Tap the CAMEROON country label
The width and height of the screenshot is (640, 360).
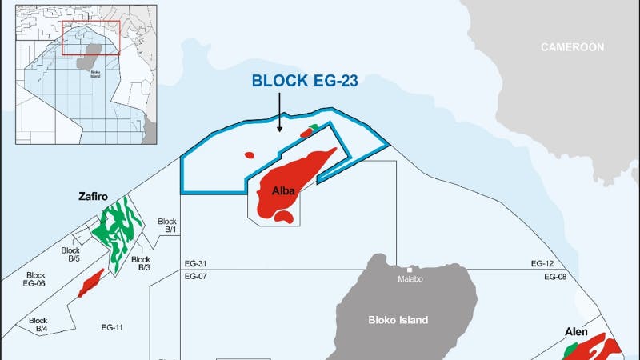click(x=571, y=47)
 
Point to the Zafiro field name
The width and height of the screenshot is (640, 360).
click(x=94, y=195)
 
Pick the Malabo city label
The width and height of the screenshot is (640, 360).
click(x=413, y=280)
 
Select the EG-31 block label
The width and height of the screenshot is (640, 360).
click(x=196, y=263)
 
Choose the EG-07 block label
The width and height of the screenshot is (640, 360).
click(x=196, y=277)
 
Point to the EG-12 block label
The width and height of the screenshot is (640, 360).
click(x=542, y=263)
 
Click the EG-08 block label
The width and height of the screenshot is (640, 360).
click(x=555, y=277)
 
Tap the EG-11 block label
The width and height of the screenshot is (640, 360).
click(x=111, y=327)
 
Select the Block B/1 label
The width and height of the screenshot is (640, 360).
click(x=167, y=226)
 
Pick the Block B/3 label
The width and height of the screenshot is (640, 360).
click(x=141, y=263)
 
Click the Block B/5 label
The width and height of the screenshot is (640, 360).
click(x=71, y=254)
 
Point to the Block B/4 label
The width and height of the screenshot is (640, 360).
click(x=38, y=325)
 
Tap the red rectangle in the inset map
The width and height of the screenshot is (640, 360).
click(x=90, y=35)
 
